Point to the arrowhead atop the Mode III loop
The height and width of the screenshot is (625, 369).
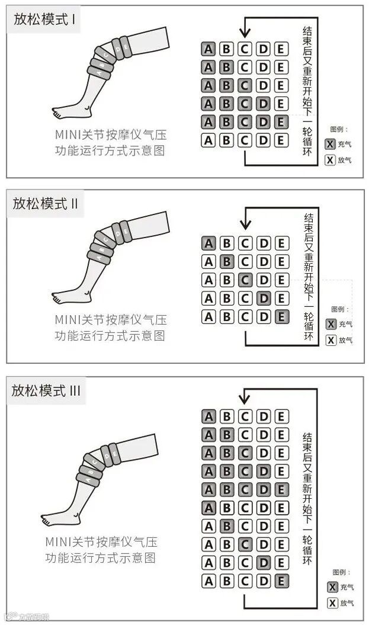tap(243, 400)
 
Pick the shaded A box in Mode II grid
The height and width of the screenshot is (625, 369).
tap(208, 243)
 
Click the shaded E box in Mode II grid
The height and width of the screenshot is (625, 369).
tap(281, 317)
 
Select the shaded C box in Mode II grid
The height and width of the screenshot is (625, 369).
tap(245, 280)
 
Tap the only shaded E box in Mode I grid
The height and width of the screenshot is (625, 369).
tap(281, 122)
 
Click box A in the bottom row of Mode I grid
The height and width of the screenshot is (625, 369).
tap(208, 140)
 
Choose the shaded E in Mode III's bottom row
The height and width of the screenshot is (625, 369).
tap(281, 581)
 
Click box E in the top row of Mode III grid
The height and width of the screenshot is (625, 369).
tap(281, 416)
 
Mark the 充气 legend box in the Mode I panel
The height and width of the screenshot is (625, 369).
tap(331, 144)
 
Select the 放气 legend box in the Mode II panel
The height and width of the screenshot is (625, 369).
tap(331, 340)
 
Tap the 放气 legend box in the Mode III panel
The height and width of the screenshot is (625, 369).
tap(332, 603)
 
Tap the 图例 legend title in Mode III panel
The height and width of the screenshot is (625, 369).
tap(341, 572)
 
